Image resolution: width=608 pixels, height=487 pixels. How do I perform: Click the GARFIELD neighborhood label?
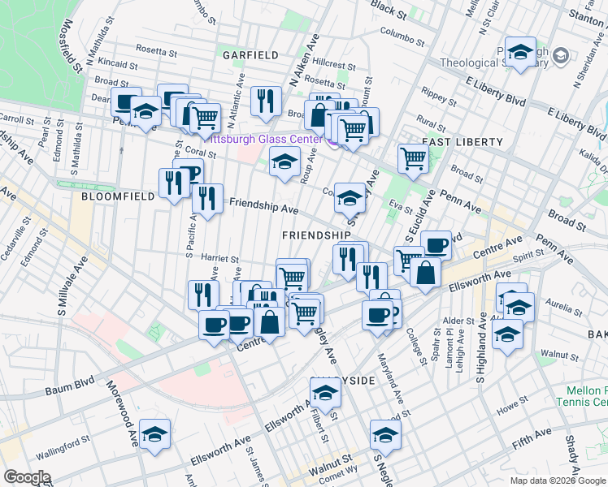[250, 55]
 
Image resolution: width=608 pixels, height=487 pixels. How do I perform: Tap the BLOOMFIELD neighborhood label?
[112, 196]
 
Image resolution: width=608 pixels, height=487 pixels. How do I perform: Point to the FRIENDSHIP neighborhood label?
[316, 235]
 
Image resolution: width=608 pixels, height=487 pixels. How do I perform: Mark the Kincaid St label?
[112, 62]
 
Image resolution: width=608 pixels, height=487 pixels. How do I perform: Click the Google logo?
[27, 477]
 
